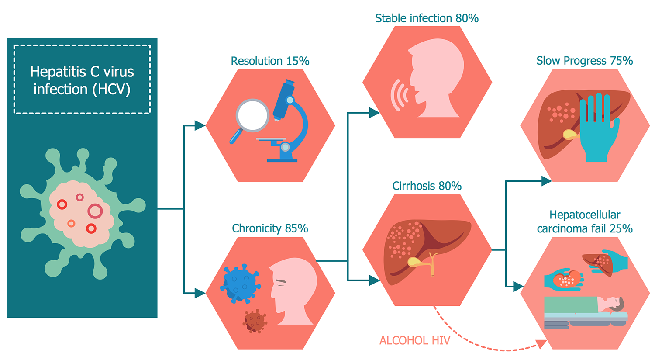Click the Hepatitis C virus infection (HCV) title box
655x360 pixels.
point(82,80)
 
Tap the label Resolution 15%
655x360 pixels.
point(270,61)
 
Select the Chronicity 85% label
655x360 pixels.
point(270,228)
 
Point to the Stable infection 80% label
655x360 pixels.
point(427,18)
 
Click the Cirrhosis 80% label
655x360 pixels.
point(427,186)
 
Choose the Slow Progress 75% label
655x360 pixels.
point(584,61)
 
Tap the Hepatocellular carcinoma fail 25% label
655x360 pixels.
point(584,222)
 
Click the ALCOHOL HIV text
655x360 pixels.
point(414,341)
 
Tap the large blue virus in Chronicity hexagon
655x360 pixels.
point(240,283)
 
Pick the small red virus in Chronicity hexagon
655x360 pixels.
point(255,322)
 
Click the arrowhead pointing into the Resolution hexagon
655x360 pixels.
point(200,126)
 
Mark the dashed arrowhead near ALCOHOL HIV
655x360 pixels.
point(541,344)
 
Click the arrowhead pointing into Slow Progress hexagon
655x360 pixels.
point(546,181)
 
